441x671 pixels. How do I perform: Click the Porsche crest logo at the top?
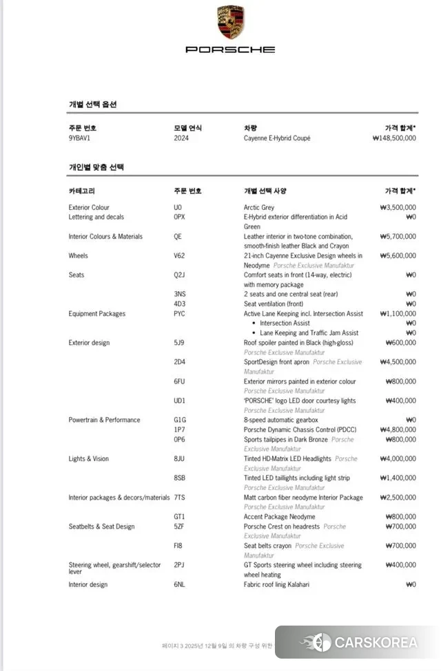point(230,22)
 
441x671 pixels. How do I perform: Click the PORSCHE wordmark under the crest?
point(230,50)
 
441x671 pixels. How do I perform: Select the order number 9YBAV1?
point(80,138)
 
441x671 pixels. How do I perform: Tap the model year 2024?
point(181,138)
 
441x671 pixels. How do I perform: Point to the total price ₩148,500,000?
point(393,138)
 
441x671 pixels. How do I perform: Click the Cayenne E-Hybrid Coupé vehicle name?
point(277,138)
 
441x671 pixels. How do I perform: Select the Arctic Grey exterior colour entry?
point(259,207)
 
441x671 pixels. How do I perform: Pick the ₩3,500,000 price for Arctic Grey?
point(398,207)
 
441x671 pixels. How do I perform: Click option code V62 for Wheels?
point(179,256)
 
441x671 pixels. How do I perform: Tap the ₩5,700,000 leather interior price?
point(398,237)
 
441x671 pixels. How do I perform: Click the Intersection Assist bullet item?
point(285,323)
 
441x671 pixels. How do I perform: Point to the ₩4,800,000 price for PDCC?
point(398,430)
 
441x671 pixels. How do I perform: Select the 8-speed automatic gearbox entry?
point(281,420)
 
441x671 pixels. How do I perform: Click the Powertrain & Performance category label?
point(104,420)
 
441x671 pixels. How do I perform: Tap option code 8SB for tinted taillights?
point(179,478)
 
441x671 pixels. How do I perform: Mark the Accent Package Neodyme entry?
point(279,517)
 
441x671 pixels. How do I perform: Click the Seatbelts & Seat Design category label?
point(101,526)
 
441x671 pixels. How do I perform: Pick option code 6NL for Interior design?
point(179,585)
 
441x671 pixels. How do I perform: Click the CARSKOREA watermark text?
point(376,643)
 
